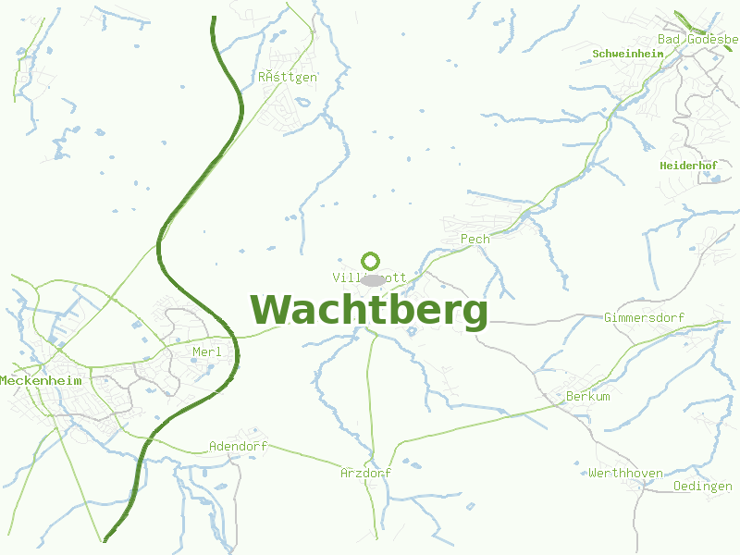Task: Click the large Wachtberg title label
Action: (369, 311)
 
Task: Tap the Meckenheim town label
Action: (41, 380)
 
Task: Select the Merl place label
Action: (207, 351)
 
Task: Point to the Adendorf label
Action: (238, 446)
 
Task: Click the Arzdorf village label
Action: (365, 473)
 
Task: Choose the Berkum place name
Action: (588, 396)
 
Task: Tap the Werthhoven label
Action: (625, 473)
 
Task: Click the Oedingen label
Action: (703, 486)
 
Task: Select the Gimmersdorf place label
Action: (644, 317)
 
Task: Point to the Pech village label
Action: (475, 239)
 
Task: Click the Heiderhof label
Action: (688, 166)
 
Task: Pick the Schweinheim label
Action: (628, 54)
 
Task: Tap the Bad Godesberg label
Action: (697, 39)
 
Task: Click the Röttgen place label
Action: (288, 77)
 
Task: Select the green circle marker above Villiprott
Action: (371, 261)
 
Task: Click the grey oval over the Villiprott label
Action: (372, 279)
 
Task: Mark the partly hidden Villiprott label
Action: (344, 277)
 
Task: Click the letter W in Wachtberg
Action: (272, 311)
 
